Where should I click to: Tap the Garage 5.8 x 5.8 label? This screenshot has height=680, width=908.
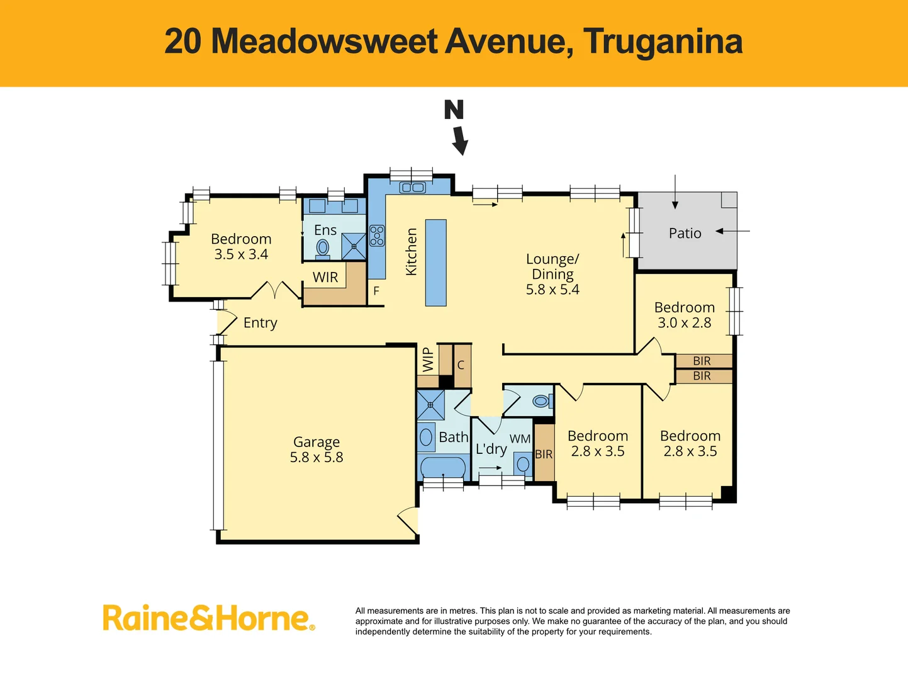[x=317, y=450]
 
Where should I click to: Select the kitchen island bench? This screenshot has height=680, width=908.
[x=435, y=263]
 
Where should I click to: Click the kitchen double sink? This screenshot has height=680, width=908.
[x=413, y=187]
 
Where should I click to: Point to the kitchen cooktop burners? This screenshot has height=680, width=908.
[x=377, y=235]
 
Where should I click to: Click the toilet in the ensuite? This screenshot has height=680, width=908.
[x=322, y=248]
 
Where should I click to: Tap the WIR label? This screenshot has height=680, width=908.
[x=325, y=277]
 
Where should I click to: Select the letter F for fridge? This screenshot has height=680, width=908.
[x=376, y=291]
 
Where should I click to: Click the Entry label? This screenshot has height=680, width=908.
[x=260, y=323]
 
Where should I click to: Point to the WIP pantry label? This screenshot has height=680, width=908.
[x=428, y=360]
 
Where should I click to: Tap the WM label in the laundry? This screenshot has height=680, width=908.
[x=520, y=439]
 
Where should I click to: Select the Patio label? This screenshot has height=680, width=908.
[x=685, y=234]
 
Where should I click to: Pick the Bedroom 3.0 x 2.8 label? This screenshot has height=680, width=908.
[x=684, y=315]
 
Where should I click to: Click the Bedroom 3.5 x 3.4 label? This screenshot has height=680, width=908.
[x=241, y=247]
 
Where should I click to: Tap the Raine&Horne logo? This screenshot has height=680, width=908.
[x=208, y=618]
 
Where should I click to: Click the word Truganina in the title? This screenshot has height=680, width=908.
[x=663, y=42]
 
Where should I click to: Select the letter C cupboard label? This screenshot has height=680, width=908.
[x=461, y=365]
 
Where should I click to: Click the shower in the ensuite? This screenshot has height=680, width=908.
[x=354, y=246]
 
